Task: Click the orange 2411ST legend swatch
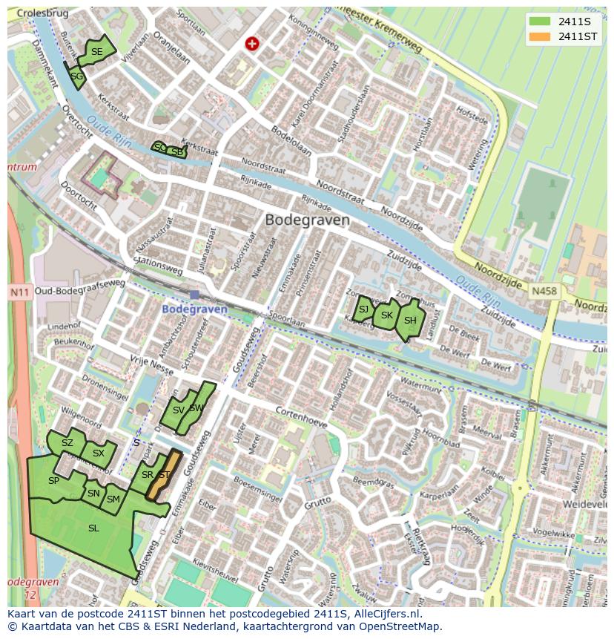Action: click(x=540, y=36)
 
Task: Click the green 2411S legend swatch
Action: click(x=540, y=22)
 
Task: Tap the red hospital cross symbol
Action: click(x=252, y=45)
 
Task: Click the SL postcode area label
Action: click(x=93, y=528)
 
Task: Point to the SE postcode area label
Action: click(x=96, y=52)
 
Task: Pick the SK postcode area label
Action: click(x=386, y=315)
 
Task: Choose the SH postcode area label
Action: click(x=410, y=321)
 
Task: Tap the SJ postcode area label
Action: click(x=363, y=309)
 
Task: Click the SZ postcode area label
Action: click(x=67, y=443)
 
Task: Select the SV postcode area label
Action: click(x=178, y=410)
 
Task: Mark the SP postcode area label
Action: click(x=53, y=481)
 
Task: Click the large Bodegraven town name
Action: click(x=307, y=220)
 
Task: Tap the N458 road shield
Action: click(x=544, y=292)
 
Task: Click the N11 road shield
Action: click(x=19, y=292)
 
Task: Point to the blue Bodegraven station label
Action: click(x=194, y=309)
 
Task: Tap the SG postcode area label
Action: click(x=77, y=76)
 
